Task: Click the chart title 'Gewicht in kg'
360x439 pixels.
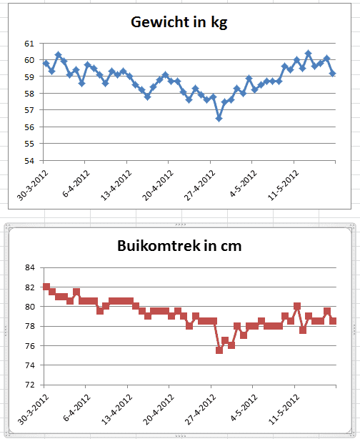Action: coord(179,21)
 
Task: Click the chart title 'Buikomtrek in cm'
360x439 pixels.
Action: coord(179,247)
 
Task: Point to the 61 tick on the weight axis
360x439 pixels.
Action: coord(29,44)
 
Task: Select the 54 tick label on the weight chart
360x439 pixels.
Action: coord(29,160)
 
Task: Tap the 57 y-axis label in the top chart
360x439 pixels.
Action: coord(29,110)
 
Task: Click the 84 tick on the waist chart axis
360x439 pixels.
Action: coord(29,268)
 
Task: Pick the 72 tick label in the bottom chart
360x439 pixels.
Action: coord(29,385)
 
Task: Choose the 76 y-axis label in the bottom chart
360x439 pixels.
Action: coord(29,346)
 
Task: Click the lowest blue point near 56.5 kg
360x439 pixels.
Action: coord(219,119)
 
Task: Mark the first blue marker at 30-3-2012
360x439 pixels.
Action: coord(46,64)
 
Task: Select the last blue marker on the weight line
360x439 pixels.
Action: coord(333,74)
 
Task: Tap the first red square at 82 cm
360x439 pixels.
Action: coord(46,287)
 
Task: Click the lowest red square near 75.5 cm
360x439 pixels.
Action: coord(219,350)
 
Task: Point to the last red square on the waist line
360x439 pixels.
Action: coord(333,321)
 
